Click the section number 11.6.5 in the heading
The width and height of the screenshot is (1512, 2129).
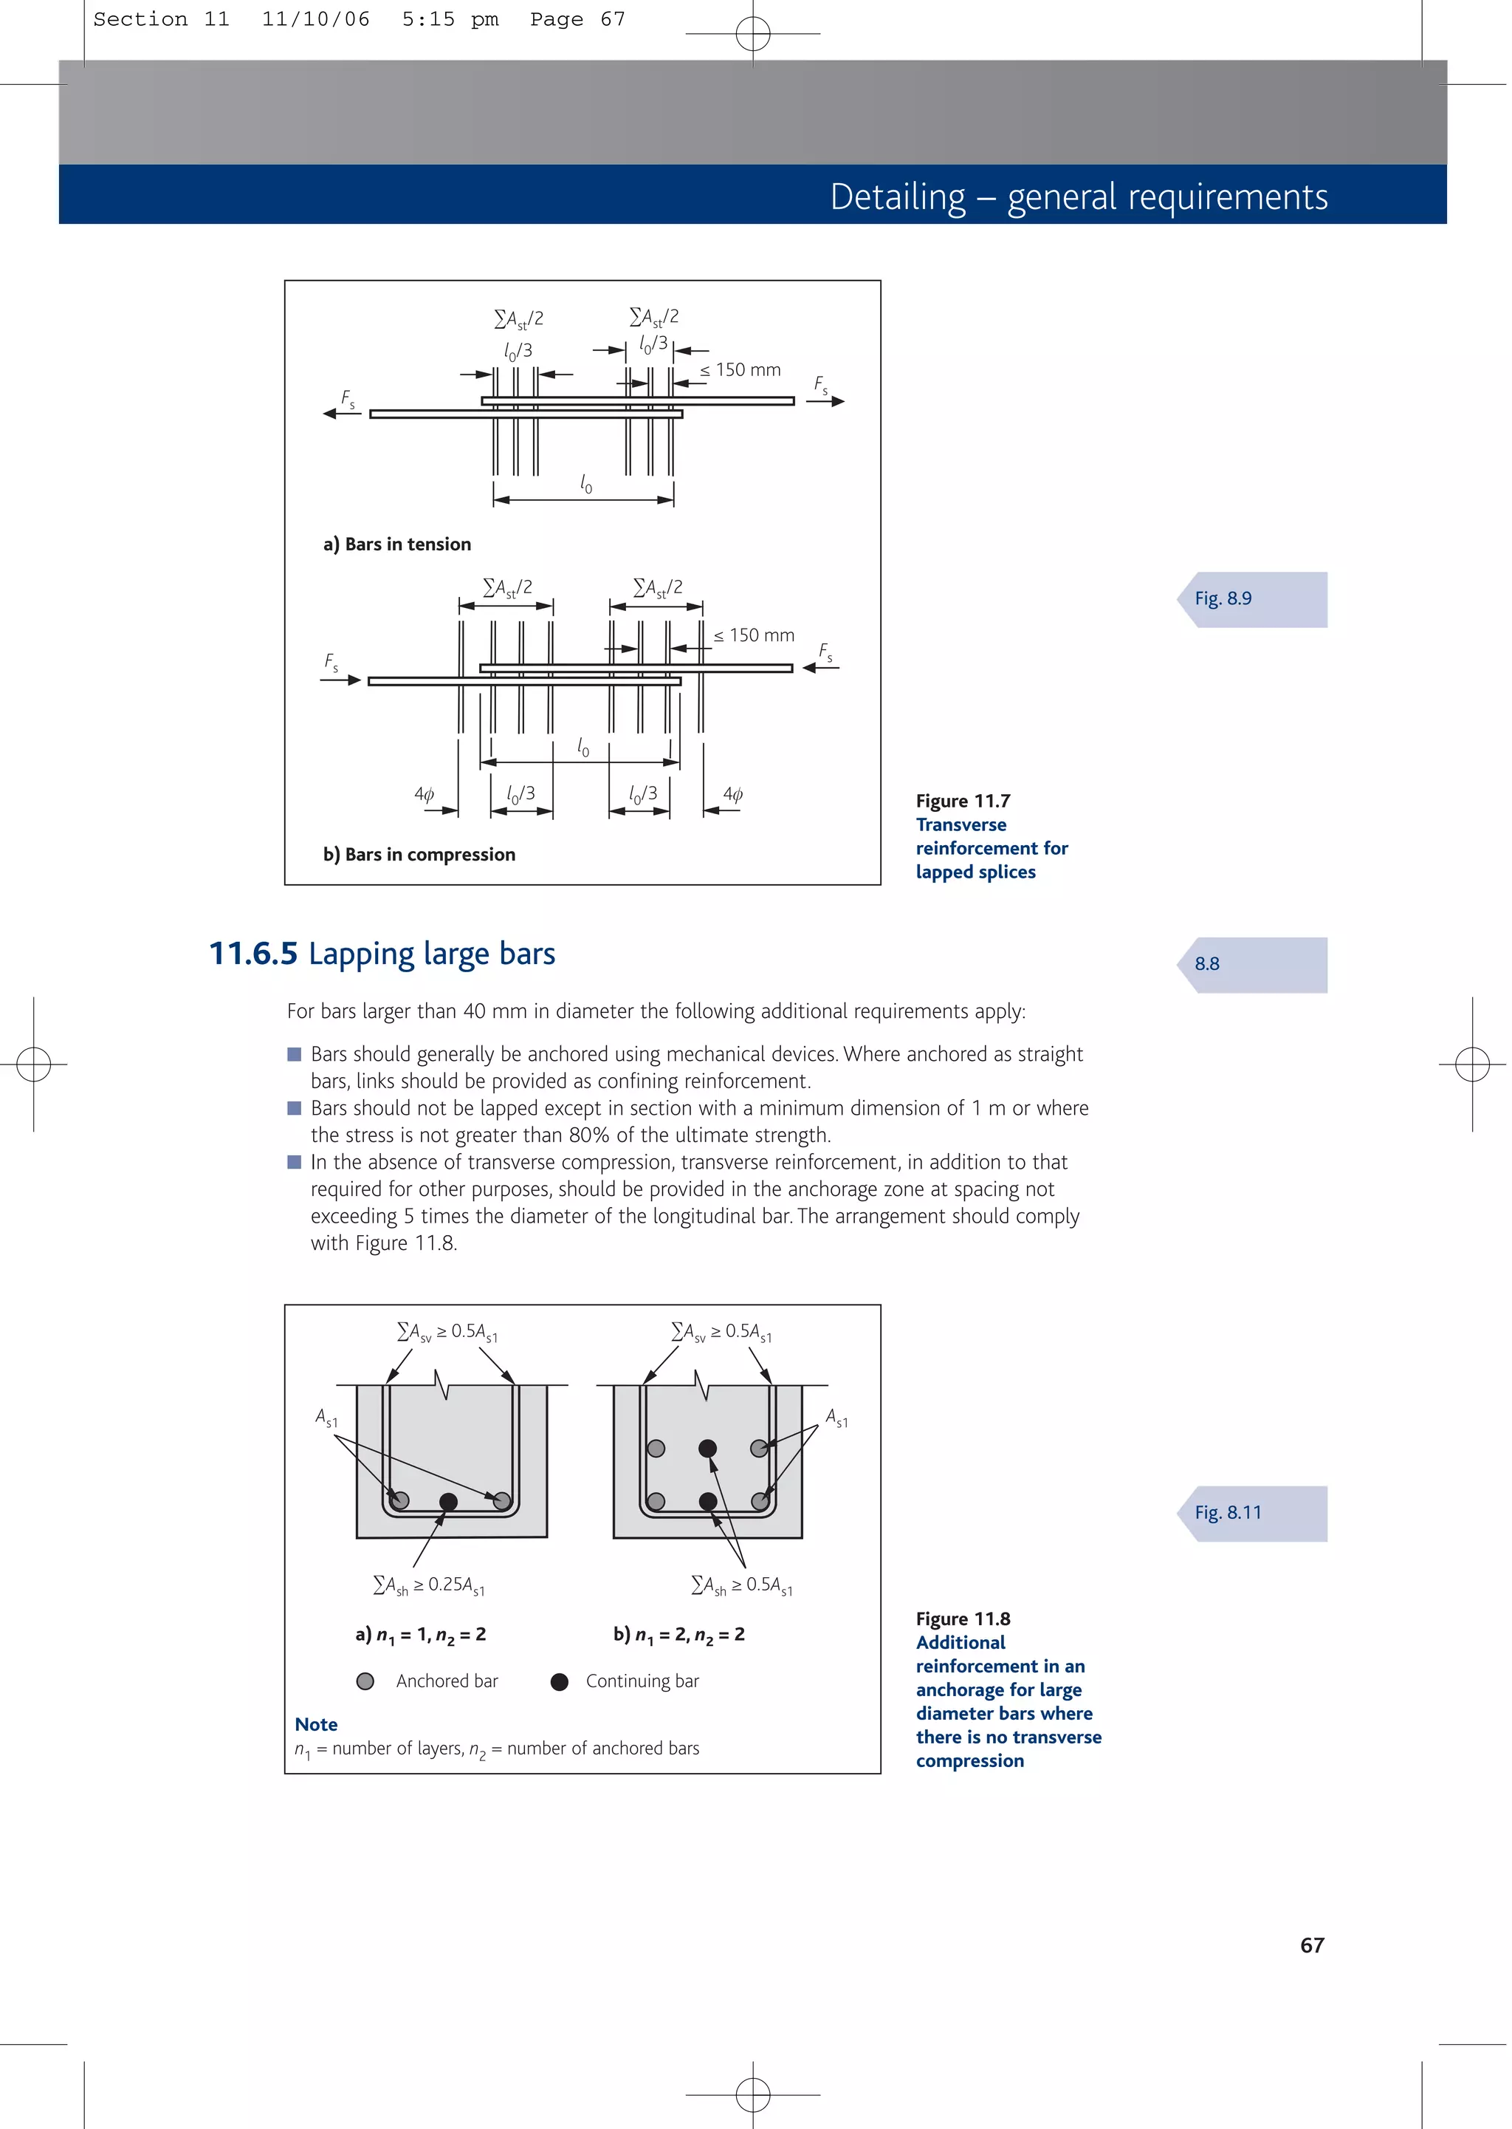tap(253, 954)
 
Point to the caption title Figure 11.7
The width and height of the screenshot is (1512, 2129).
tap(962, 801)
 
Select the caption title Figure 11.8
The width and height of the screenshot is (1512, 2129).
tap(962, 1619)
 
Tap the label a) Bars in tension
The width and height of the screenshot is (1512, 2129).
tap(396, 544)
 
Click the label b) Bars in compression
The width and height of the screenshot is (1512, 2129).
tap(418, 854)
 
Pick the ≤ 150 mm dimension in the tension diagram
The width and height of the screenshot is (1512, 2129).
tap(740, 370)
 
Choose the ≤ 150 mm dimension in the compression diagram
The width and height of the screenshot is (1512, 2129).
tap(753, 635)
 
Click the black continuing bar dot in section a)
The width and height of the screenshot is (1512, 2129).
tap(448, 1501)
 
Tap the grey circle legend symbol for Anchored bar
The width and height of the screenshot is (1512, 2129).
tap(365, 1681)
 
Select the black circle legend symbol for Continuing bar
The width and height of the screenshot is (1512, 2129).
tap(559, 1681)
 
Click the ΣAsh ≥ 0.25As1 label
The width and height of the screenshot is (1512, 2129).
tap(428, 1585)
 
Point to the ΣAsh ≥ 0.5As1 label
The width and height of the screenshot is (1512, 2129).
tap(741, 1585)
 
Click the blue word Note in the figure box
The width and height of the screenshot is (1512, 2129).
tap(316, 1724)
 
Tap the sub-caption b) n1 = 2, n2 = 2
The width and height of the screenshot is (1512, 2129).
tap(678, 1635)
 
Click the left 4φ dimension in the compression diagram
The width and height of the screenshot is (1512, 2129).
tap(424, 794)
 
